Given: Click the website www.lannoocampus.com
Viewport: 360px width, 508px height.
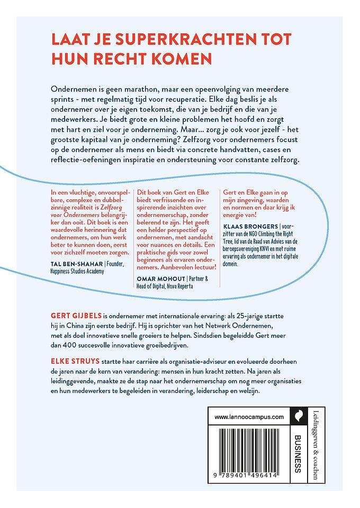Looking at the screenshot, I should (249, 417).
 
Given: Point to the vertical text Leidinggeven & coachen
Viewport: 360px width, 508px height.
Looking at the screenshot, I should (316, 444).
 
